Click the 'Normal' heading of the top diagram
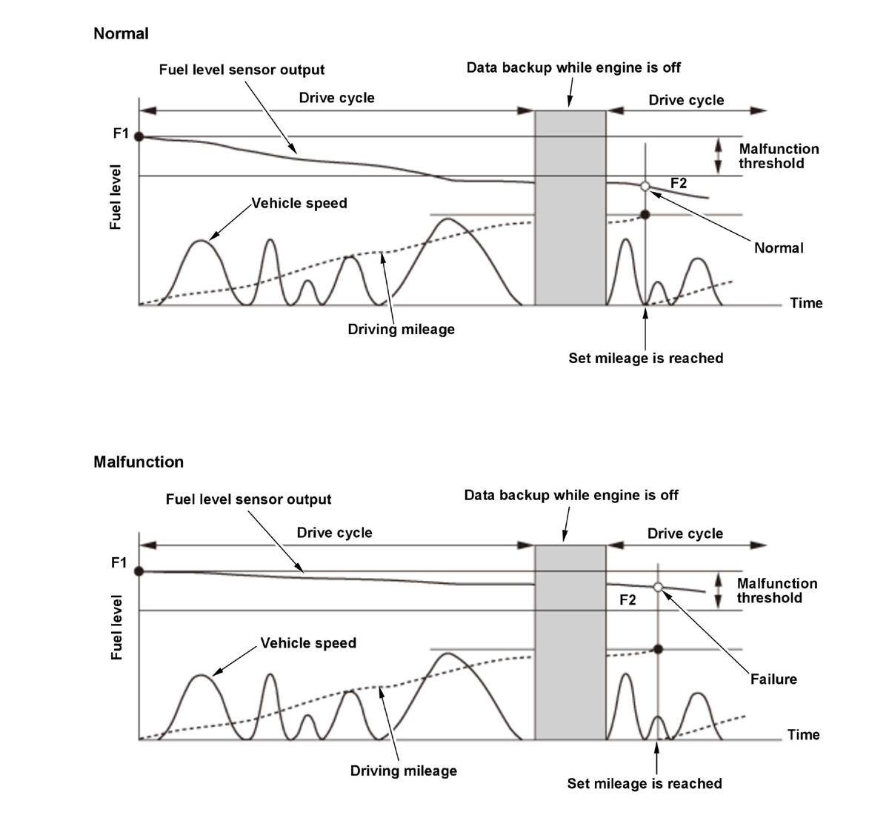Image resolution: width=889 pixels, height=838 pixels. (121, 33)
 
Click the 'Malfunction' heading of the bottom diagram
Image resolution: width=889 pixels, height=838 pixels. (139, 462)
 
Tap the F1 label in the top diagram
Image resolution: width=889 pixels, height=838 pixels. (121, 133)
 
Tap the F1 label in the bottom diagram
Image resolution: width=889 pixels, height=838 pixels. (119, 562)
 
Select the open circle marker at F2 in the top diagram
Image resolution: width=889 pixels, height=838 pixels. (645, 186)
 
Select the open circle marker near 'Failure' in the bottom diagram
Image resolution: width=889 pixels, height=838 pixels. (658, 587)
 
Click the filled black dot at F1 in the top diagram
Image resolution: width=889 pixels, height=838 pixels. (139, 136)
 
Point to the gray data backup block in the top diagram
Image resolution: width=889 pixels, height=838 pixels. (570, 207)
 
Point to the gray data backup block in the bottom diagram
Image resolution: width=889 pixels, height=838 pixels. (570, 642)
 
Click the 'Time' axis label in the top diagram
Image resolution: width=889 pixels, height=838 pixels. (806, 302)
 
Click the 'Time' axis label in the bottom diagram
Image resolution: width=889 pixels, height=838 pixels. (803, 734)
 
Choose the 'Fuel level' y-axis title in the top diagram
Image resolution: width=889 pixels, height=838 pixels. (116, 197)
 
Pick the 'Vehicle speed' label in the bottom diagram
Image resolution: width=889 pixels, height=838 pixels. (308, 642)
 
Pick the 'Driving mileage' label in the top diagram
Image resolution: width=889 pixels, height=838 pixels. (401, 329)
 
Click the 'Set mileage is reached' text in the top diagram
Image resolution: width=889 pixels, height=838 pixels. (645, 358)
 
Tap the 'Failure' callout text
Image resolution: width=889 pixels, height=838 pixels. (773, 679)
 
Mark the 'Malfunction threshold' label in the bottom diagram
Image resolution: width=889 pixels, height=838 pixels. (776, 591)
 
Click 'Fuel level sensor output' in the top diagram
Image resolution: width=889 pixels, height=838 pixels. (242, 70)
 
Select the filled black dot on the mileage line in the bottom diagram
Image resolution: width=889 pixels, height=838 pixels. (658, 649)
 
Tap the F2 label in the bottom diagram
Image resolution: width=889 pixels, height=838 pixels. (627, 599)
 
